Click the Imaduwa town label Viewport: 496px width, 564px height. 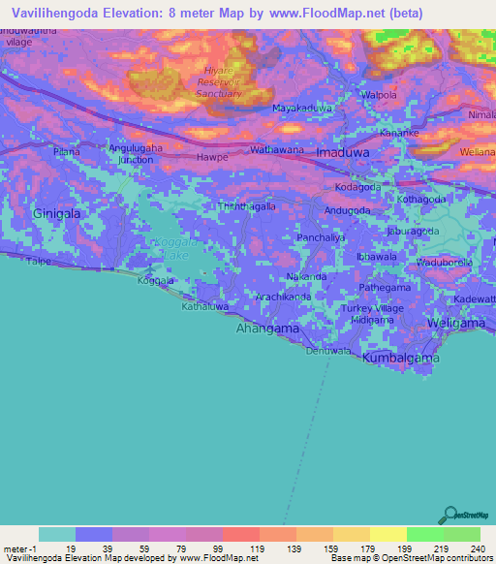pos(344,152)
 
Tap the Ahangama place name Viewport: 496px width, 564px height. pos(267,329)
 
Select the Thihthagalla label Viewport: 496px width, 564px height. pos(247,206)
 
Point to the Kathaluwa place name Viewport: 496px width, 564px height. pos(204,306)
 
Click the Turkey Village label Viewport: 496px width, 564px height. pos(371,307)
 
